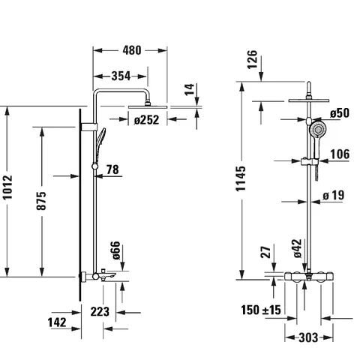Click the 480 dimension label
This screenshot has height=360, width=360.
coord(132,50)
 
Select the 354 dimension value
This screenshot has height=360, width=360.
coord(121,76)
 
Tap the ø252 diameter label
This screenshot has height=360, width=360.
coord(146,120)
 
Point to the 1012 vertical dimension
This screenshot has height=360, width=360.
coord(7,187)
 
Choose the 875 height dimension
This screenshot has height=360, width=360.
coord(41,200)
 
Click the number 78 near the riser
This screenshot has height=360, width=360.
coord(112,169)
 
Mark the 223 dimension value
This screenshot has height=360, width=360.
coord(100,311)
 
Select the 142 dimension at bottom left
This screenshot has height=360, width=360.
coord(57,322)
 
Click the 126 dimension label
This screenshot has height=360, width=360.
coord(252,59)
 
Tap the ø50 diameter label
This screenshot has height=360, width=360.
coord(340,113)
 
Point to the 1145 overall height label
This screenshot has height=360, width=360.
coord(241,178)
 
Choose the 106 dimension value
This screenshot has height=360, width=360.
coord(340,154)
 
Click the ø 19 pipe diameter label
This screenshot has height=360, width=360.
coord(333,195)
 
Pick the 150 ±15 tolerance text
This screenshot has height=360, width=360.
coord(261,310)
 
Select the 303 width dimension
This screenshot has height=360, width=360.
coord(308,337)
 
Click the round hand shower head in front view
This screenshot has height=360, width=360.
coord(318,130)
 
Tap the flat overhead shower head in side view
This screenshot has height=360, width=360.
coord(148,106)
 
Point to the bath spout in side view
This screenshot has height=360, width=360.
coord(108,276)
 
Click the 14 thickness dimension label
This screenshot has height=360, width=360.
coord(190,89)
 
